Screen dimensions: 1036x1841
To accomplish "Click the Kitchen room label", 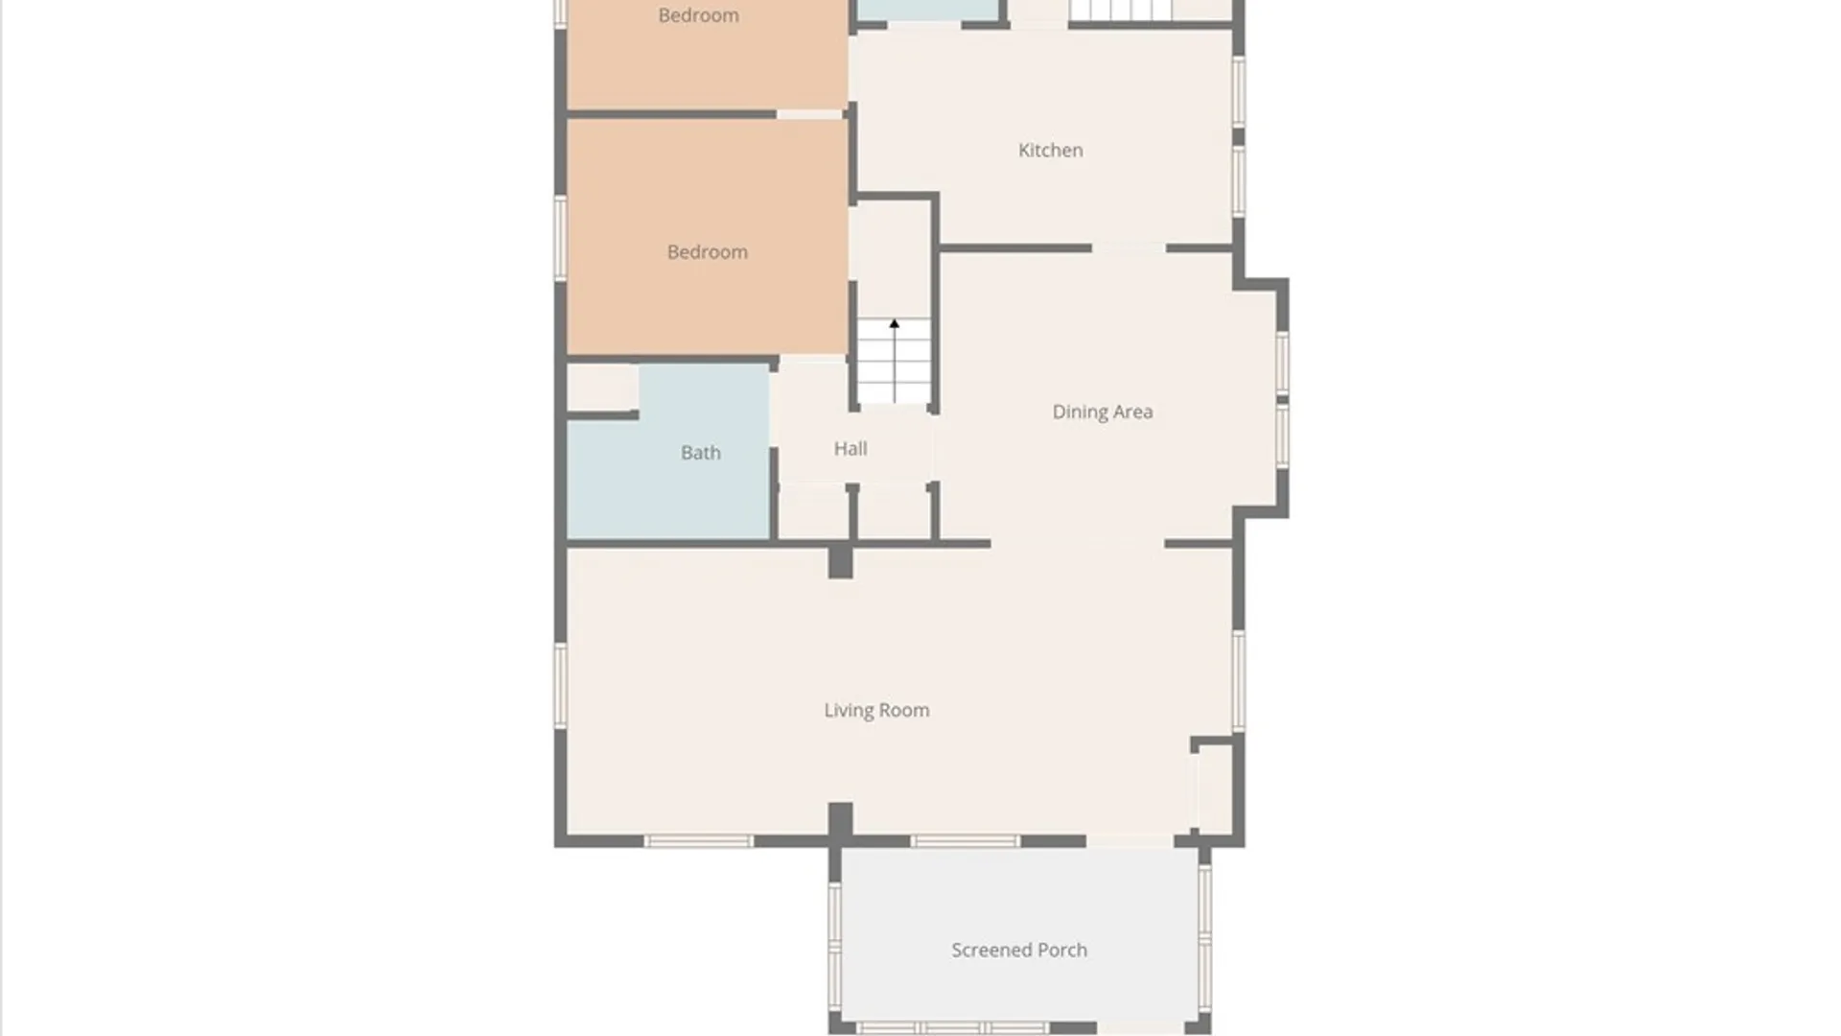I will pos(1050,150).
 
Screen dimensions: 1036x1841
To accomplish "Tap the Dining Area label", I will pos(1102,412).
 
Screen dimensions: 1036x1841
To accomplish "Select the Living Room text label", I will pos(876,710).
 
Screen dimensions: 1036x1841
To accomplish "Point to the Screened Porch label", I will pos(1018,950).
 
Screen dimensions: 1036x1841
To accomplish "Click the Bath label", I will pos(700,452).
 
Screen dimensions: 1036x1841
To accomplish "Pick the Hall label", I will pos(850,448).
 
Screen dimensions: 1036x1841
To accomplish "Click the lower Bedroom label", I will pos(707,251).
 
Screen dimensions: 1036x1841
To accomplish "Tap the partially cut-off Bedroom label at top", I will pos(698,14).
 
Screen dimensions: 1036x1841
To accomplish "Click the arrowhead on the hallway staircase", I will pos(894,324).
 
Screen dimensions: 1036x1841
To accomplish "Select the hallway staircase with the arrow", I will pos(894,363).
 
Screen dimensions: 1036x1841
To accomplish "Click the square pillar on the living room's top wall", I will pos(840,560).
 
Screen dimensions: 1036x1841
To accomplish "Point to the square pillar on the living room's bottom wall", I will pos(840,821).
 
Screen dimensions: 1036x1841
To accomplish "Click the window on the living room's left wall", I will pos(560,684).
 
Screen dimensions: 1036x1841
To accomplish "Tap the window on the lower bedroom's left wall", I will pos(560,238).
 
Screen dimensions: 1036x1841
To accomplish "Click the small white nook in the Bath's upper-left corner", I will pos(602,388).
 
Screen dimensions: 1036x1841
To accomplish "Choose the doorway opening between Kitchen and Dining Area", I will pos(1128,248).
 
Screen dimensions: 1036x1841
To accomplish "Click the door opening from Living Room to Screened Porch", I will pos(1130,841).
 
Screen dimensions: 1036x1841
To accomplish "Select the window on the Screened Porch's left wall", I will pos(834,945).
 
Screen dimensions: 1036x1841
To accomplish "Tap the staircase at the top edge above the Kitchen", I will pos(1120,10).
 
